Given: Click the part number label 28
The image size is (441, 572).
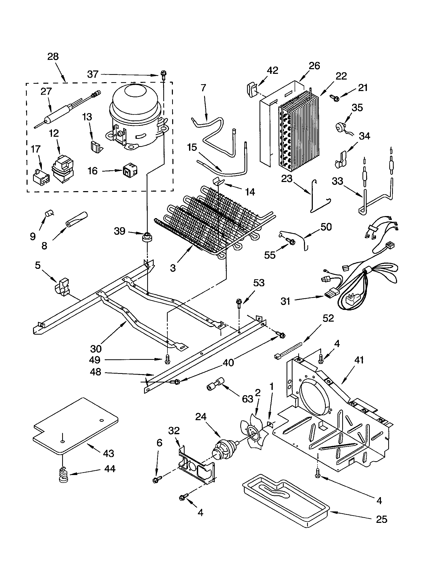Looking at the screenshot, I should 53,57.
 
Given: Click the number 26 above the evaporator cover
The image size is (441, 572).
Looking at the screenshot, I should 314,66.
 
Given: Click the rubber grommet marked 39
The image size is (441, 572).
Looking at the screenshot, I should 147,237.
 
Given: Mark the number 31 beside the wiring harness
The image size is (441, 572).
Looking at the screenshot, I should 286,301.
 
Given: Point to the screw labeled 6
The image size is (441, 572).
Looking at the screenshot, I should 156,480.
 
